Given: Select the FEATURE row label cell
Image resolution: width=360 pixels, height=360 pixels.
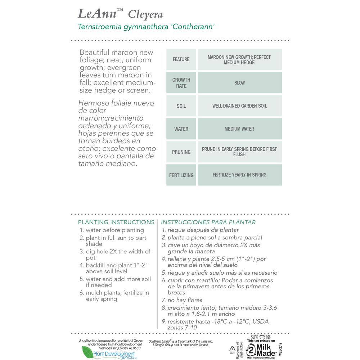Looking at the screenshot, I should click(x=181, y=59).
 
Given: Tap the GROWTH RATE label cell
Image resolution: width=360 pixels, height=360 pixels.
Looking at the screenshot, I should click(x=181, y=83).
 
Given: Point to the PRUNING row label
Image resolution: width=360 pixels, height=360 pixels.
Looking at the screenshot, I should click(x=181, y=152).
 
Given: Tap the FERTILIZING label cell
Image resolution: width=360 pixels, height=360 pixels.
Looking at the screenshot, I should click(x=181, y=175).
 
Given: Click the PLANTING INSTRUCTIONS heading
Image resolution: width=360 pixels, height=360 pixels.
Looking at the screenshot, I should click(x=116, y=222).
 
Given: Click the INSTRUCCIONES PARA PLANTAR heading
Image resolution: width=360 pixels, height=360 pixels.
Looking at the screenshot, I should click(x=208, y=222).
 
